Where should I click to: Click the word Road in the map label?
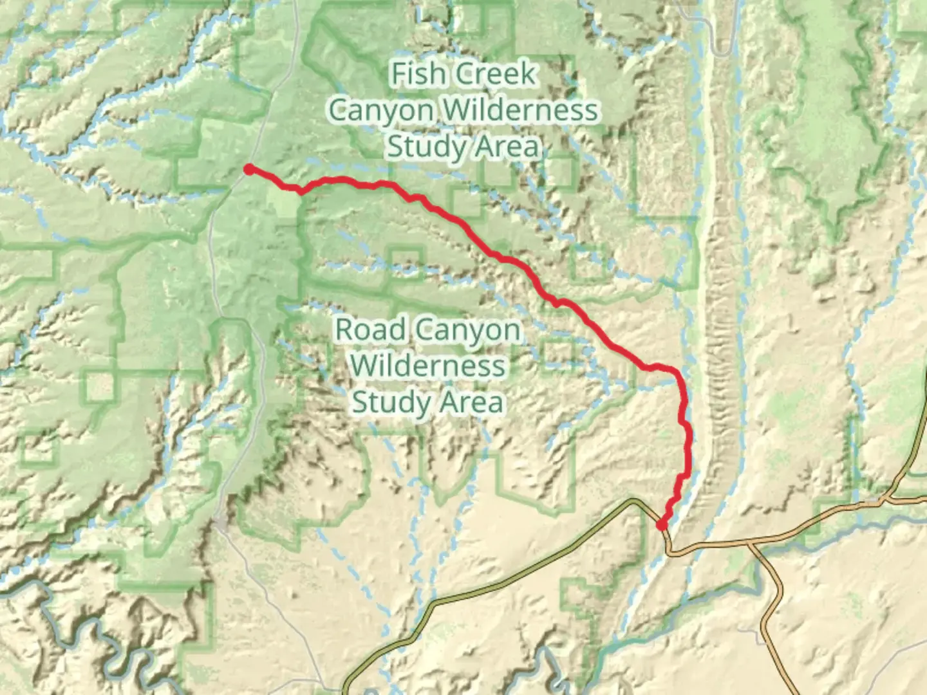pyautogui.click(x=370, y=329)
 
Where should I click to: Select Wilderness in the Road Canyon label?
pyautogui.click(x=428, y=366)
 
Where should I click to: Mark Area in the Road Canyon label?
pyautogui.click(x=471, y=403)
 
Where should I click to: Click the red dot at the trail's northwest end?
pyautogui.click(x=248, y=170)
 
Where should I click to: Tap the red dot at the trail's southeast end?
pyautogui.click(x=661, y=525)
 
